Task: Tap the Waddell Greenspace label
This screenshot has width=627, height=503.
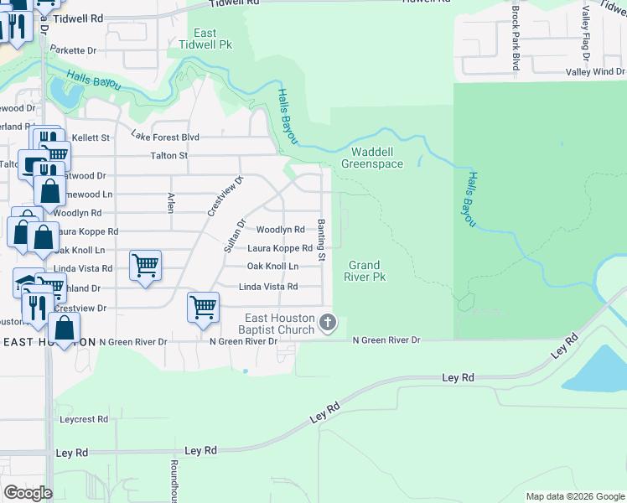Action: click(x=377, y=158)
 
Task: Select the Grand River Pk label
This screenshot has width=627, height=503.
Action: click(x=367, y=270)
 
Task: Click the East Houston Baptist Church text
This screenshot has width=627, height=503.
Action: click(x=279, y=324)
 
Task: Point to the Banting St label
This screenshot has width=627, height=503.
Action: click(x=321, y=235)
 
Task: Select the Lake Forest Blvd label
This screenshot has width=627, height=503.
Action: click(x=165, y=137)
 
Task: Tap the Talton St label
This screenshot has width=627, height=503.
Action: click(x=168, y=155)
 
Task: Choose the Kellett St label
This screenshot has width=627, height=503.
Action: click(x=91, y=137)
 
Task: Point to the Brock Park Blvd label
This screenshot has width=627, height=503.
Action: click(x=516, y=39)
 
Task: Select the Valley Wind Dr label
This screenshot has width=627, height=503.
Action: click(x=595, y=72)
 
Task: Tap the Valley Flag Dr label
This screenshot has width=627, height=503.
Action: click(x=587, y=34)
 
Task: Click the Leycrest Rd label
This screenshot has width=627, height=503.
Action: click(x=84, y=418)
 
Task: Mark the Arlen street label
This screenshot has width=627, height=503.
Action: click(x=171, y=202)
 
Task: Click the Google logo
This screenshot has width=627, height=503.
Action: click(x=28, y=493)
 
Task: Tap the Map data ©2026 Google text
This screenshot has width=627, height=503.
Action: click(x=574, y=496)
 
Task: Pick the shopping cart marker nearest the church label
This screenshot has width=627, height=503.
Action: click(x=204, y=308)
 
